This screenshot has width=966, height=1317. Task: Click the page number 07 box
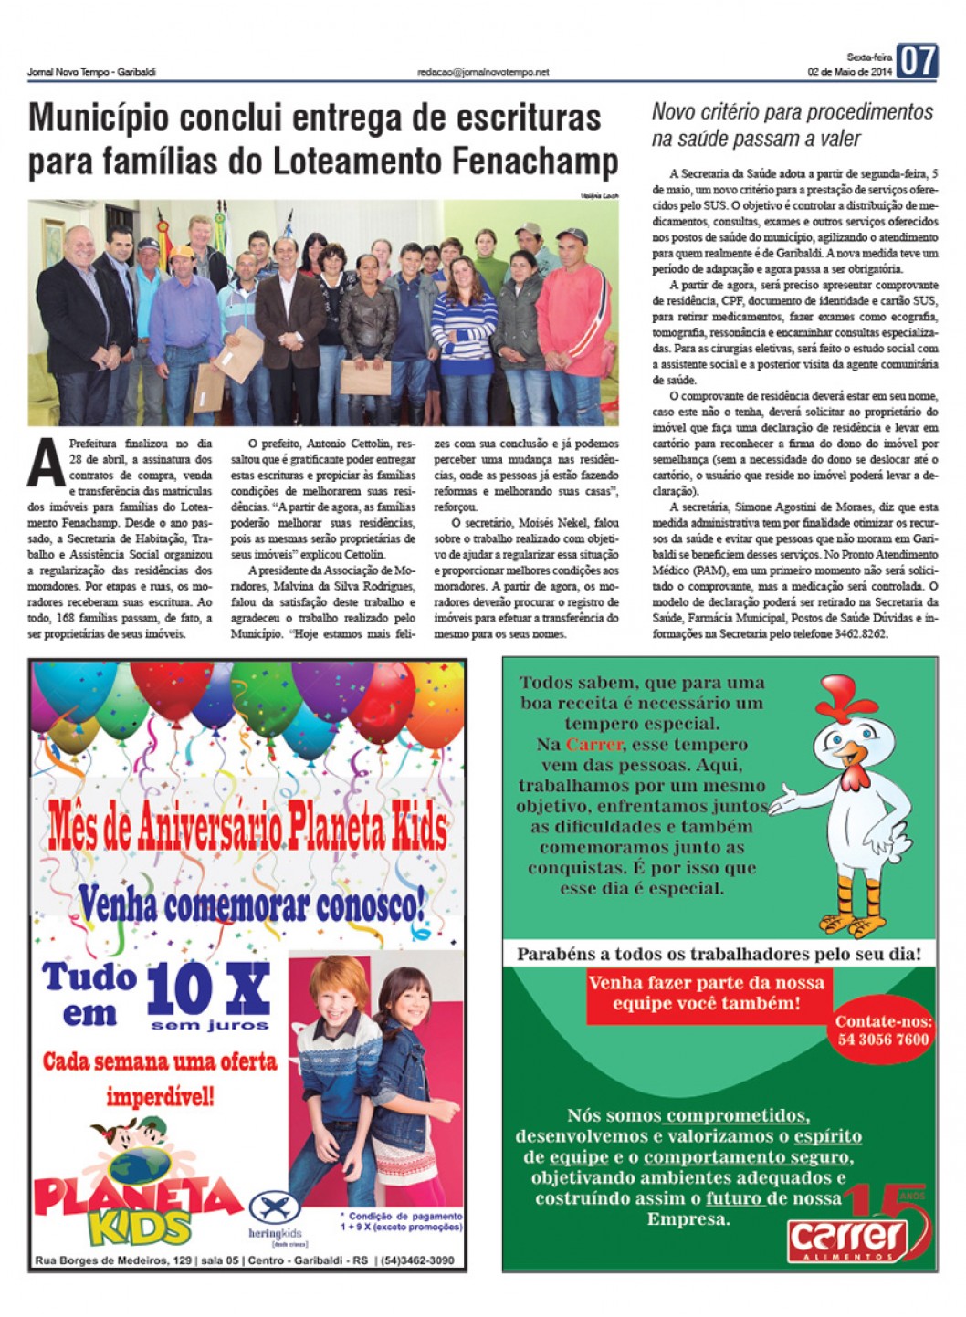(x=916, y=62)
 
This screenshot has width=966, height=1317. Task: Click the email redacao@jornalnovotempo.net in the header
(x=483, y=72)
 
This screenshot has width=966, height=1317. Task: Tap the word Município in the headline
(x=100, y=119)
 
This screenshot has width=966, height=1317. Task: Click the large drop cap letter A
(x=46, y=463)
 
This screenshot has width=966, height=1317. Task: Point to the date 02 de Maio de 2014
(x=849, y=72)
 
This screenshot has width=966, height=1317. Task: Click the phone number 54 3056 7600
(x=883, y=1040)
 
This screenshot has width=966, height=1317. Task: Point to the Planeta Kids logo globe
(x=140, y=1165)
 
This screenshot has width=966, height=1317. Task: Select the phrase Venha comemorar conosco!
(x=251, y=906)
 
